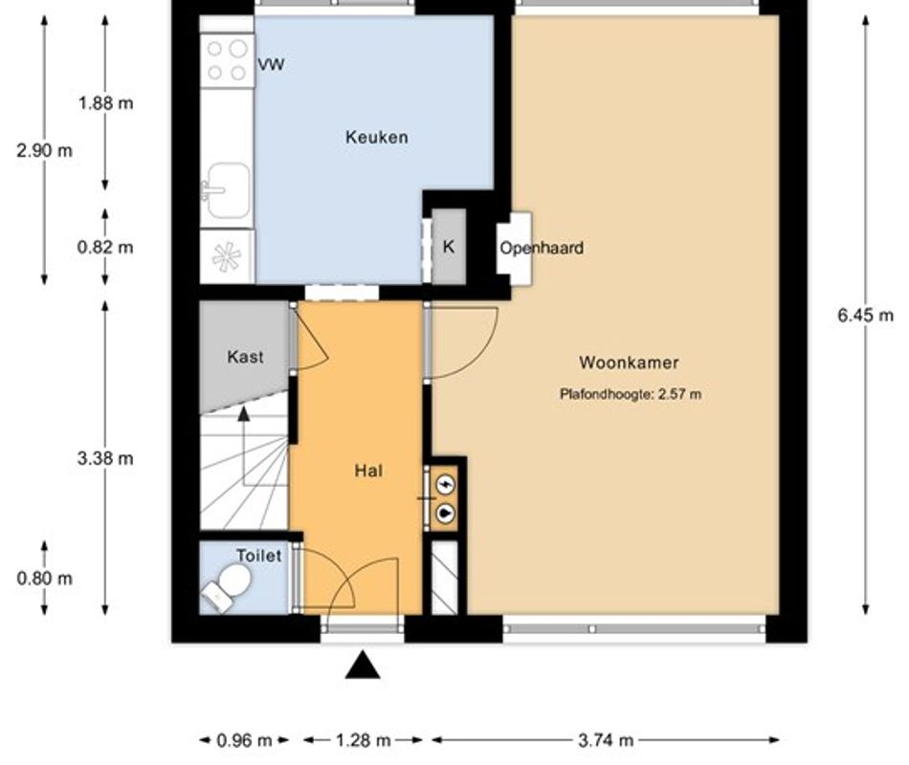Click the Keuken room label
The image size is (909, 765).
(x=376, y=137)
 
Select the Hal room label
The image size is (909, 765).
(x=368, y=470)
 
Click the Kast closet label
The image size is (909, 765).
(x=245, y=357)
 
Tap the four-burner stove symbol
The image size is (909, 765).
(x=228, y=59)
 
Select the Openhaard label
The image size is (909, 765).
(x=541, y=248)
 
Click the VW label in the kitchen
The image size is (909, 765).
(x=272, y=65)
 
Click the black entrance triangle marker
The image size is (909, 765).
(x=362, y=665)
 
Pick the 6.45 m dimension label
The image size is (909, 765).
(x=866, y=316)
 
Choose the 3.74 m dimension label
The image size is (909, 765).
(x=606, y=740)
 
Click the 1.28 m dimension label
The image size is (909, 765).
(x=363, y=740)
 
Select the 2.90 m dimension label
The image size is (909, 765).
(x=44, y=150)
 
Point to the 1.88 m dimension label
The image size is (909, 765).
(x=105, y=103)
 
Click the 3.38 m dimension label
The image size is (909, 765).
(x=105, y=458)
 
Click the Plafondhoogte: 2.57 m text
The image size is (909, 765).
(x=631, y=393)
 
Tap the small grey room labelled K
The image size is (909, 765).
(x=448, y=247)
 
